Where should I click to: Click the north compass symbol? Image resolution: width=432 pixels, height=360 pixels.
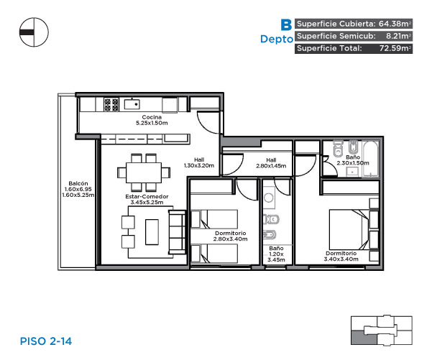tap(34, 32)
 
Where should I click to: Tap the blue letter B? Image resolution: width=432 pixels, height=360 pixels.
tap(286, 24)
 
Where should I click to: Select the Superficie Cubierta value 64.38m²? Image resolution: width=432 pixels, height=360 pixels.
tap(395, 24)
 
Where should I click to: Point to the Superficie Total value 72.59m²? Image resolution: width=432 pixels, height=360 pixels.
tap(395, 48)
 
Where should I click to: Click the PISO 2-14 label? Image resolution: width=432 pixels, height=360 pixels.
tap(46, 341)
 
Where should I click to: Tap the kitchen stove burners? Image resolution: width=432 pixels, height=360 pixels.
tap(111, 105)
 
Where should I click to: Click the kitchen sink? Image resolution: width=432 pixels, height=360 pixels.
tap(132, 104)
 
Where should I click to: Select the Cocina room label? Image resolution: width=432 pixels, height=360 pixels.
tap(152, 117)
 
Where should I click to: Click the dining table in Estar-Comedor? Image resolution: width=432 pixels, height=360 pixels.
tap(144, 172)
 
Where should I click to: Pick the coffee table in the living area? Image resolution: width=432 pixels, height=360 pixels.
tap(152, 232)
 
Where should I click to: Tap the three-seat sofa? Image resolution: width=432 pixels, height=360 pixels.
tap(177, 232)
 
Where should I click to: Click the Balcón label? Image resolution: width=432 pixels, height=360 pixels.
tap(78, 183)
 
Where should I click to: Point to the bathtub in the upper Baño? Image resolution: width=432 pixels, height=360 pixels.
tap(371, 159)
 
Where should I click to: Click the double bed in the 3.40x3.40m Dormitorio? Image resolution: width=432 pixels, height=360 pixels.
tap(349, 229)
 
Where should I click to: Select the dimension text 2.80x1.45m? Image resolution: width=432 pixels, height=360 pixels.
tap(271, 166)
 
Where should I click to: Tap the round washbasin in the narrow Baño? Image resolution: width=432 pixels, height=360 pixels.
tap(269, 198)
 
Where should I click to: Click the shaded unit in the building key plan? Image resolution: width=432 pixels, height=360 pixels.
tap(363, 338)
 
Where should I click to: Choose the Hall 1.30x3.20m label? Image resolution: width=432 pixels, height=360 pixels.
tap(199, 162)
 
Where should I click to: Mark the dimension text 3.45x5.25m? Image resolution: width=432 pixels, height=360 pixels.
tap(147, 202)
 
